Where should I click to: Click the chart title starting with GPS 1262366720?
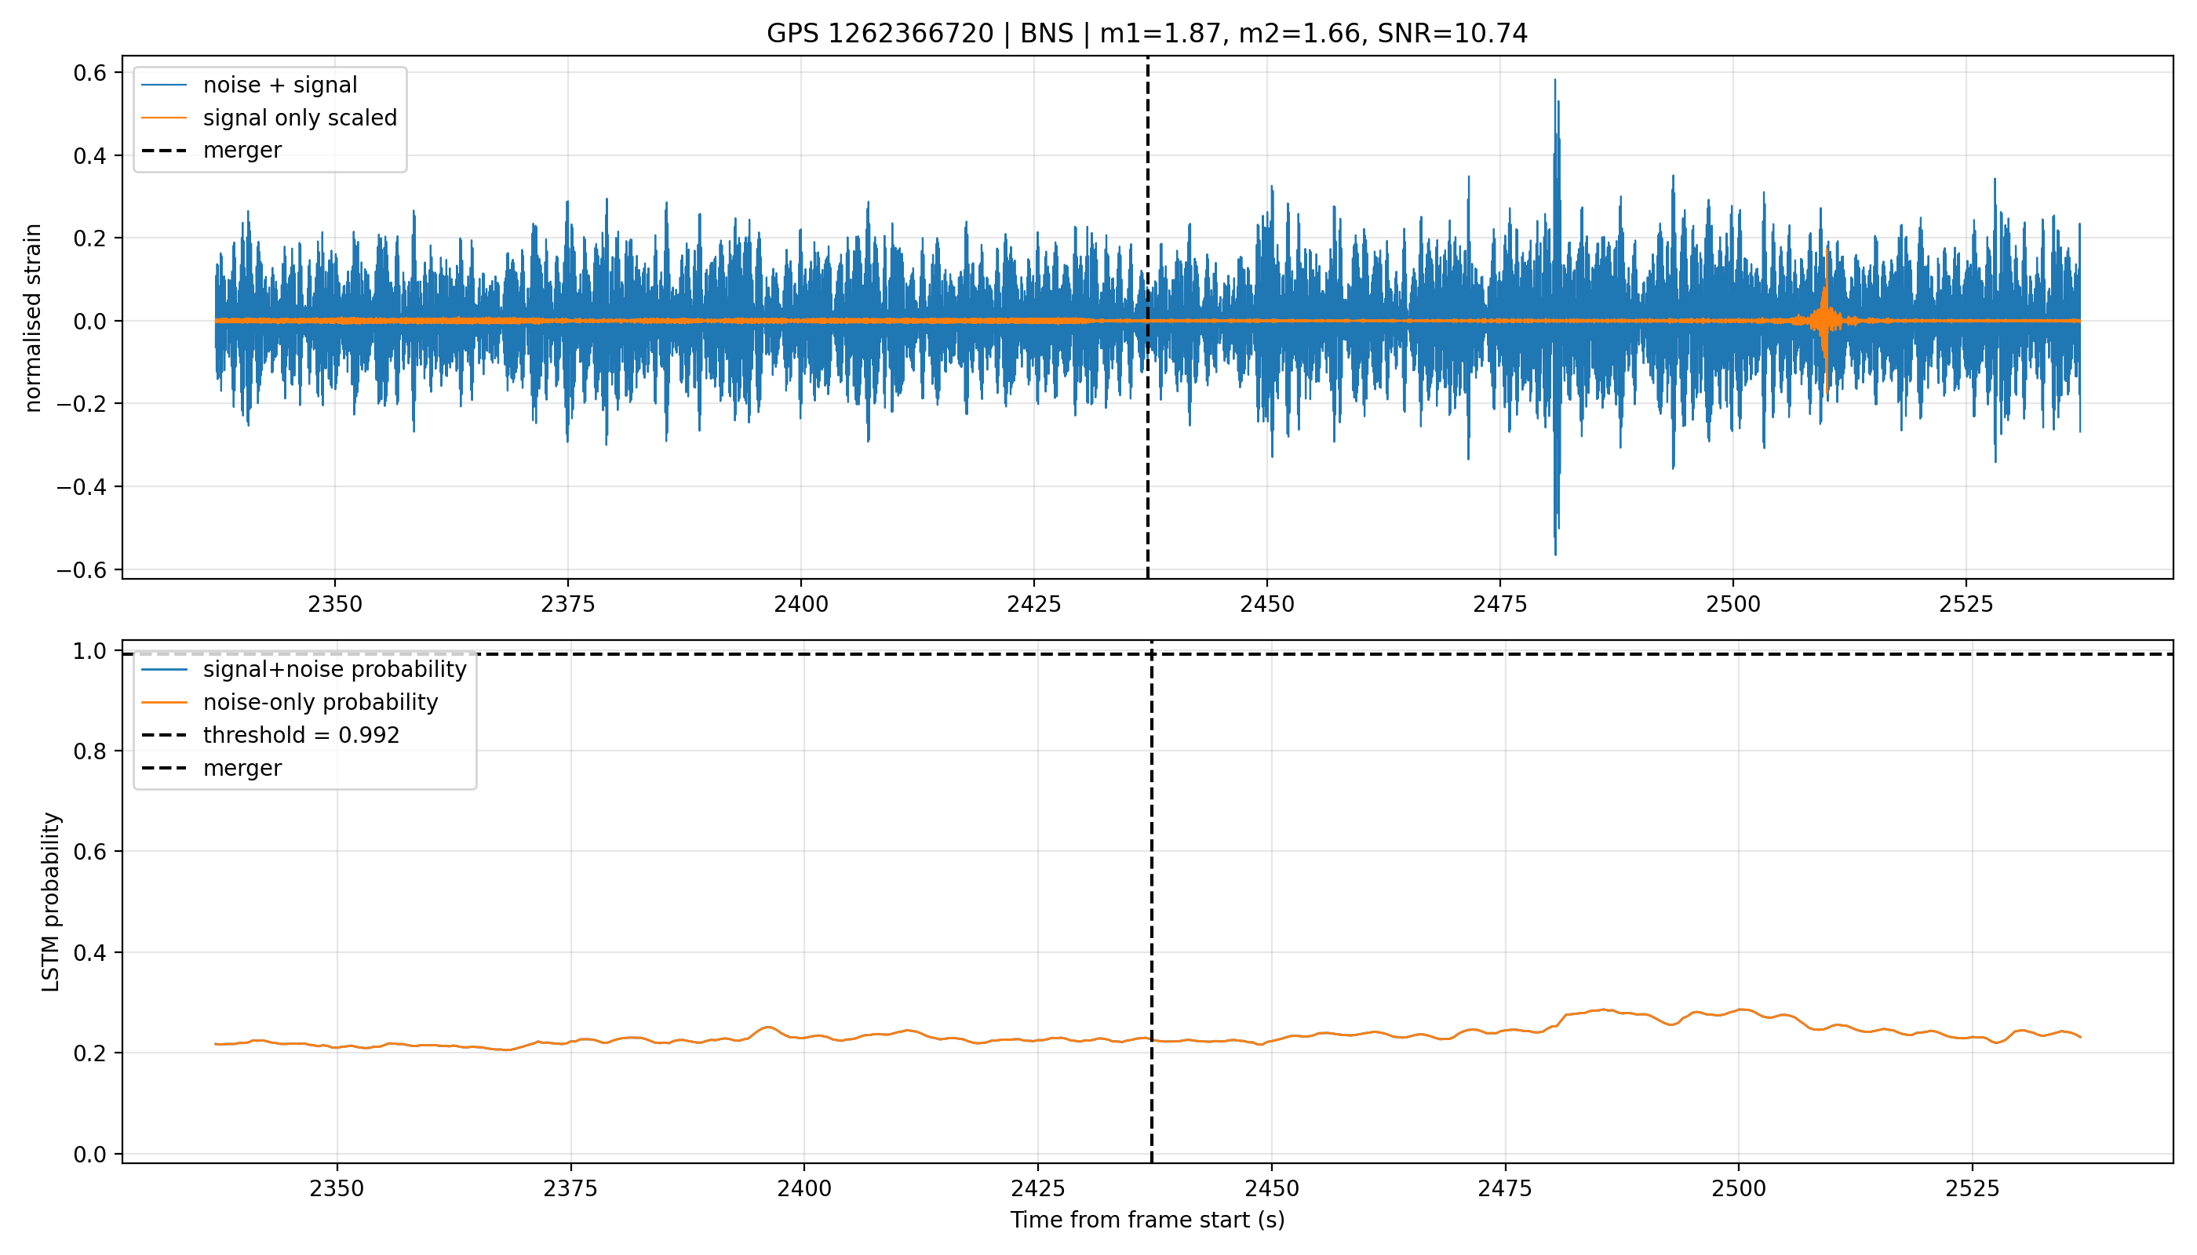click(x=1147, y=34)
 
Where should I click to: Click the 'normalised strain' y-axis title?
click(x=33, y=318)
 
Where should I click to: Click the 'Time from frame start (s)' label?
click(x=1148, y=1220)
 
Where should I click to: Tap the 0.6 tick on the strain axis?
click(x=89, y=72)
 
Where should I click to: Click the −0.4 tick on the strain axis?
click(x=82, y=487)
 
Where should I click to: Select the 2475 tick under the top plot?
click(x=1500, y=604)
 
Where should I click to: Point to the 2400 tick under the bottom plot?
click(x=803, y=1188)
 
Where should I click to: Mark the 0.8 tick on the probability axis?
click(x=89, y=751)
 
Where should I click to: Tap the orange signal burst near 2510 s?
click(x=1825, y=321)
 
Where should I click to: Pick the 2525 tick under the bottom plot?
click(x=1972, y=1188)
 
